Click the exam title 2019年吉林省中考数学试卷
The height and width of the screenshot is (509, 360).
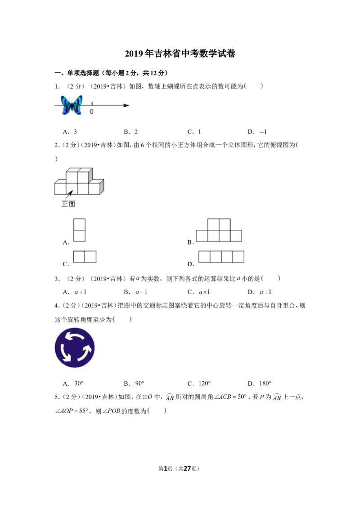tap(180, 54)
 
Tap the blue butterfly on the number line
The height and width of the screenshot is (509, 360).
tap(72, 105)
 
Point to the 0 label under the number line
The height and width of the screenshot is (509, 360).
tap(92, 112)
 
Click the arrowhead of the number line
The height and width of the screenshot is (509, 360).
tap(126, 105)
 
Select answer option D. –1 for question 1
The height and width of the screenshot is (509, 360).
tap(257, 132)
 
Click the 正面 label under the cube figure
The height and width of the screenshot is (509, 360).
tap(68, 204)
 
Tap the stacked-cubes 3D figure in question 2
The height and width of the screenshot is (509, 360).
tap(79, 182)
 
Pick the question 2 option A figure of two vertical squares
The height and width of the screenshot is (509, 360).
tap(79, 230)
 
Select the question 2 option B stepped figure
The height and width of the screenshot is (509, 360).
tap(219, 230)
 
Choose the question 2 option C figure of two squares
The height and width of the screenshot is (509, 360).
tap(85, 256)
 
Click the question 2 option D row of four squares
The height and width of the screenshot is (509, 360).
tap(221, 256)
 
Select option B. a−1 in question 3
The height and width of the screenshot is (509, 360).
tap(135, 292)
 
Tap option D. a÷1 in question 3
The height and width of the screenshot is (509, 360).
tap(259, 292)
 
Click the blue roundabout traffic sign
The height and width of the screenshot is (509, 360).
tap(75, 348)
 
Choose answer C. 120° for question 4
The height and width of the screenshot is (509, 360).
tap(199, 384)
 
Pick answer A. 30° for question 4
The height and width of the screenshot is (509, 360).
tap(73, 384)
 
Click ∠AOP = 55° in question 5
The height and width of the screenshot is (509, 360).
tap(72, 411)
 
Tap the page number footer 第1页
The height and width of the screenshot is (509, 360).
tap(166, 469)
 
